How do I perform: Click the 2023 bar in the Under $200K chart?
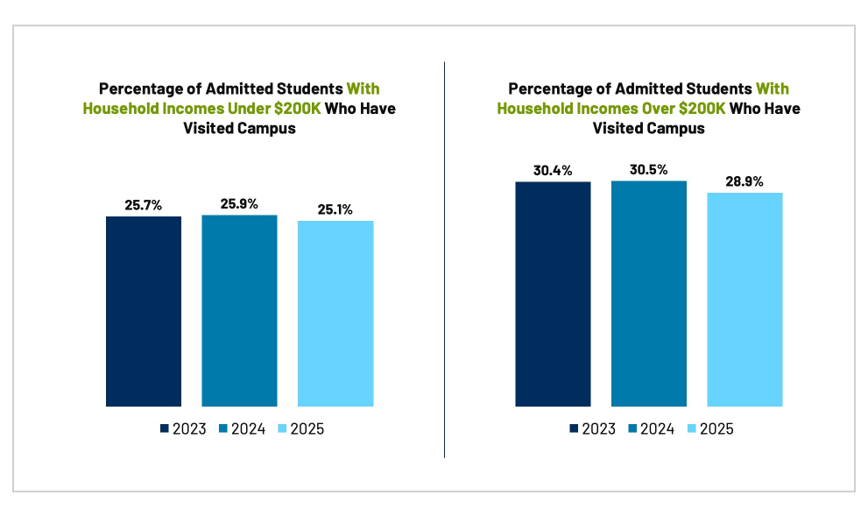[144, 311]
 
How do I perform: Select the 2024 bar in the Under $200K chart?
[239, 310]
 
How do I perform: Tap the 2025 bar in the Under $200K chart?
[335, 313]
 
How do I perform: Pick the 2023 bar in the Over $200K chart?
[553, 294]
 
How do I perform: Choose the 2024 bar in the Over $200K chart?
[649, 294]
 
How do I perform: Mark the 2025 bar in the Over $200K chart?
[745, 299]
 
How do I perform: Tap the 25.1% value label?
[335, 209]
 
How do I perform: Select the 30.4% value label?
[553, 171]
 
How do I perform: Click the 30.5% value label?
[649, 170]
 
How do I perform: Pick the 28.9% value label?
[745, 181]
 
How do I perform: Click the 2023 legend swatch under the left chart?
[165, 428]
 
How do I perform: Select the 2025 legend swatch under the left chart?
[281, 428]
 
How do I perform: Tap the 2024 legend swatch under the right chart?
[632, 428]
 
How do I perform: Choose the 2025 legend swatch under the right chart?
[691, 428]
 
